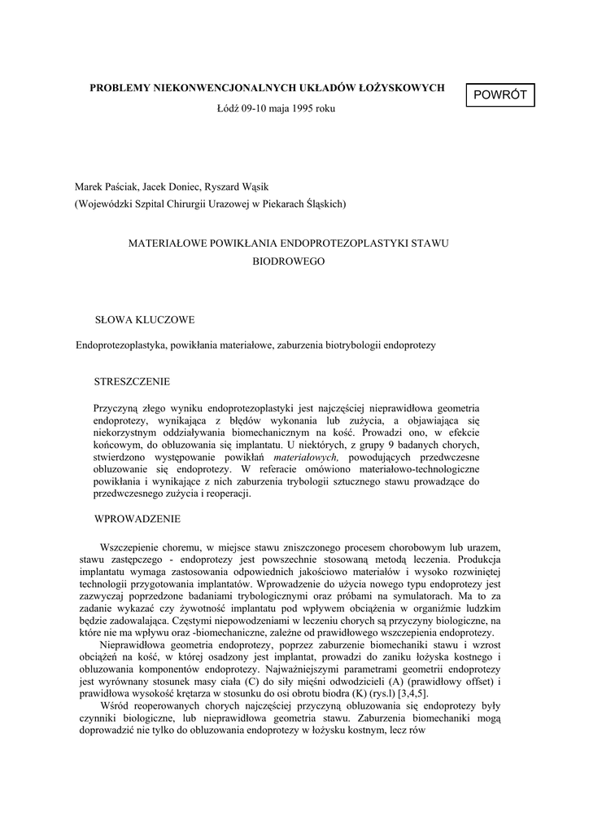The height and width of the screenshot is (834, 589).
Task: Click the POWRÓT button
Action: pyautogui.click(x=500, y=95)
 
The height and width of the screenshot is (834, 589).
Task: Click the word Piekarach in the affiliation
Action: pyautogui.click(x=288, y=204)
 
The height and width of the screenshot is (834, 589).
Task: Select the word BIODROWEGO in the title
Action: pyautogui.click(x=289, y=261)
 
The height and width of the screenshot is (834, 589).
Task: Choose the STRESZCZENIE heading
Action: pyautogui.click(x=133, y=380)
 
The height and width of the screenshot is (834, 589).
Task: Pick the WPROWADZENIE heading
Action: pyautogui.click(x=137, y=518)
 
